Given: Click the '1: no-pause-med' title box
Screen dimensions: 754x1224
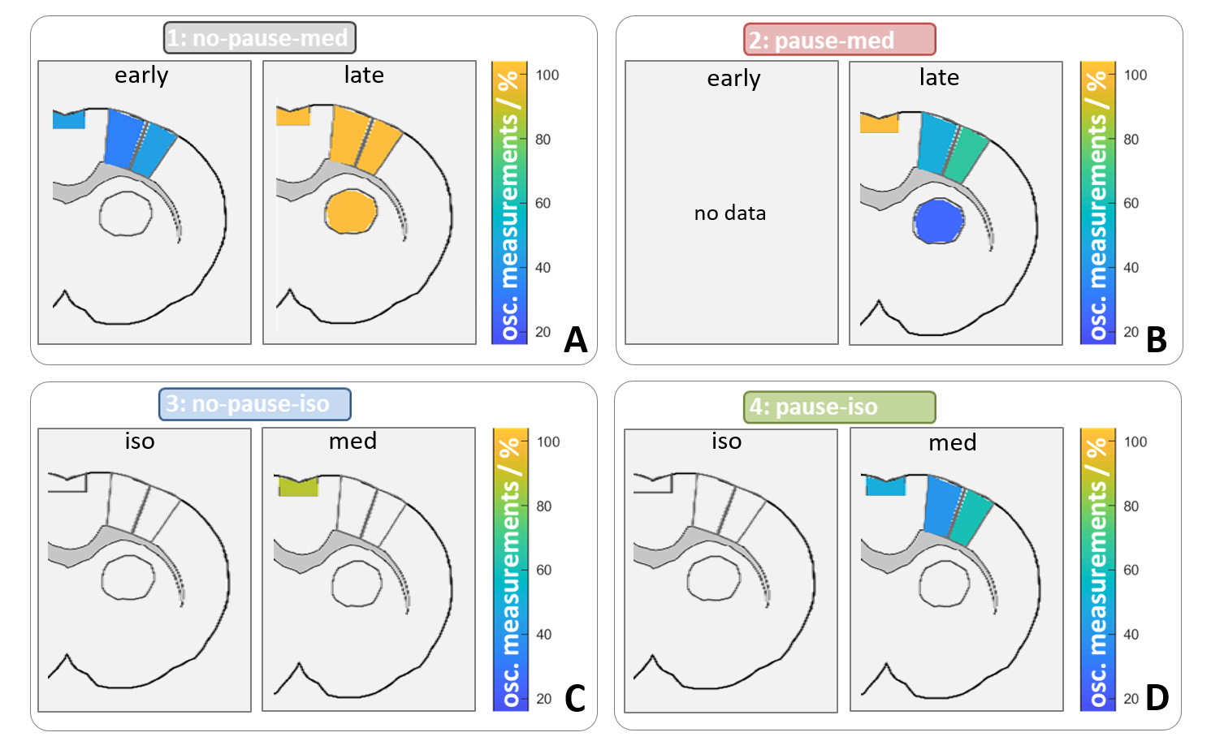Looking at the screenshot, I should coord(259,38).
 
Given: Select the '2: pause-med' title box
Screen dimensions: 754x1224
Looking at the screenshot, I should coord(839,40).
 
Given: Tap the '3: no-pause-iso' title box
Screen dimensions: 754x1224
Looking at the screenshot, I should coord(254,404).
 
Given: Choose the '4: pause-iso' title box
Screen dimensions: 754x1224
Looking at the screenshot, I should coord(839,407).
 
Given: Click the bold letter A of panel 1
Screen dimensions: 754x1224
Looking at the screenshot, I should coord(575,340).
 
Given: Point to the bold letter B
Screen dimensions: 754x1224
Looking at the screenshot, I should coord(1156,340).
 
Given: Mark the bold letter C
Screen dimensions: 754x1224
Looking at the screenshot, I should coord(574,698).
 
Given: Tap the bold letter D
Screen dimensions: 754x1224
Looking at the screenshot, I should coord(1157,697).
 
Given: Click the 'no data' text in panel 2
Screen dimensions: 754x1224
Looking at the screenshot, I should coord(730,213).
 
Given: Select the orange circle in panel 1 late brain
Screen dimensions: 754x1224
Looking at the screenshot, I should coord(351,212).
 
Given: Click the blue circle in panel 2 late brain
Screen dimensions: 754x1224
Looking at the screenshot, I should coord(938,221).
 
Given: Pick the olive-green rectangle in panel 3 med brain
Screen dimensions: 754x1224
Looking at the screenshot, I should coord(298,486).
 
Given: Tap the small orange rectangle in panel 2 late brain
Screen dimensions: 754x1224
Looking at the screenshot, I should coord(879,123).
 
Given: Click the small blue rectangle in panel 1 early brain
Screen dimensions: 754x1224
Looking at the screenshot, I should coord(68,119).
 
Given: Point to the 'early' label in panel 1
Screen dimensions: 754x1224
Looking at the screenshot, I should coord(141,75).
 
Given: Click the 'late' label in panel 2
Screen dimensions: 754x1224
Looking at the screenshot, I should coord(939,77).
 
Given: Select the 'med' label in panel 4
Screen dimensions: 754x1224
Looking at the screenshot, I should coord(952,443).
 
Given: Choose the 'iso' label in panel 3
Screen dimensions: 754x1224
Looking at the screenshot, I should coord(140,442).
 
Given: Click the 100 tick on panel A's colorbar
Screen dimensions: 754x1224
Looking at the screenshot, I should coord(547,75).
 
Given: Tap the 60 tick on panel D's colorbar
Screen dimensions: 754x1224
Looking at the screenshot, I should coord(1131,571).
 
